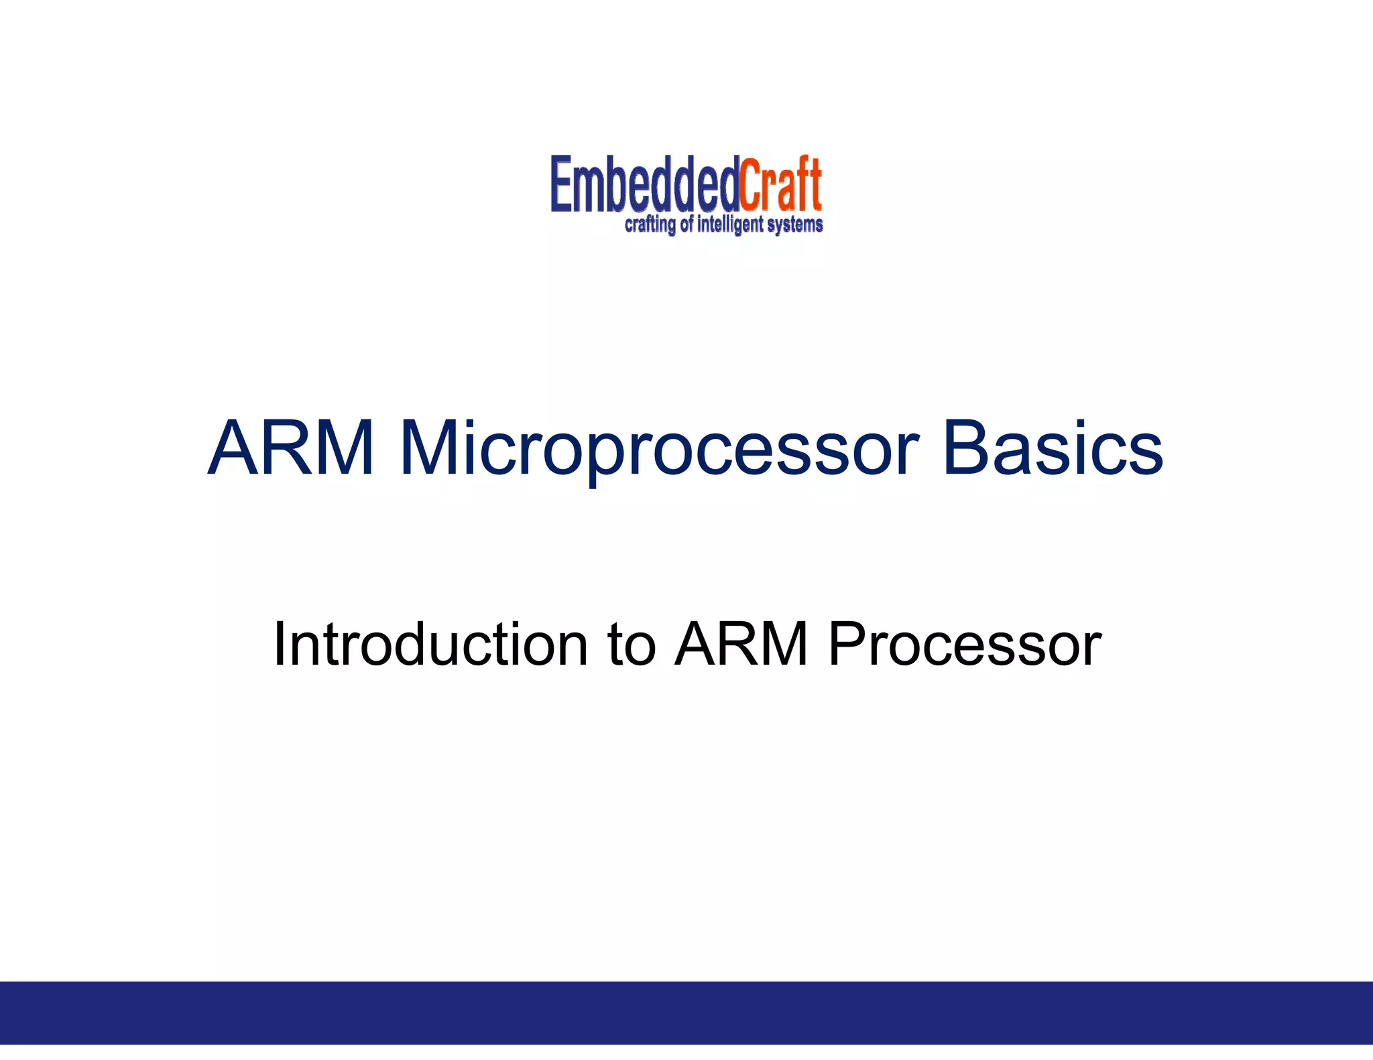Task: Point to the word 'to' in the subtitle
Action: tap(631, 644)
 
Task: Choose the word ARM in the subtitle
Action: tap(741, 644)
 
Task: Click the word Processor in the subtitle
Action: tap(964, 644)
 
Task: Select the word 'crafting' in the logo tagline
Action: tap(650, 225)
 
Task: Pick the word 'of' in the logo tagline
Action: tap(686, 224)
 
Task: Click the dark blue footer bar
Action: tap(686, 1012)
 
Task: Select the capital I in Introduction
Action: tap(280, 644)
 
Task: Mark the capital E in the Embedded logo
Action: tap(561, 184)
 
